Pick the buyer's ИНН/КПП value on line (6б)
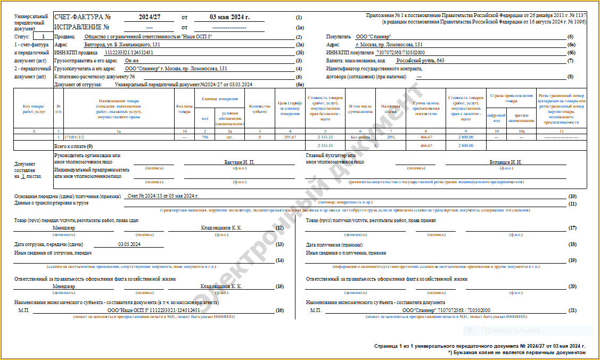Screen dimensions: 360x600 [400, 53]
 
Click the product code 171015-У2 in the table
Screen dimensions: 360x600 [75, 137]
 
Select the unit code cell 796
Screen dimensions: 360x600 [205, 137]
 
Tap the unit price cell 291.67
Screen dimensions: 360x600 [290, 137]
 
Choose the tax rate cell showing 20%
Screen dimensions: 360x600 [390, 137]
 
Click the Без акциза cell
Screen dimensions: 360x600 [360, 137]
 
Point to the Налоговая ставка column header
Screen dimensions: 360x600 [390, 109]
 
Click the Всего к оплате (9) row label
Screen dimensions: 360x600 [73, 145]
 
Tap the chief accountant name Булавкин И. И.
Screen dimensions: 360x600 [505, 161]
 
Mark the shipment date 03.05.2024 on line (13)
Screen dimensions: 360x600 [129, 244]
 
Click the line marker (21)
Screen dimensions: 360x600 [572, 310]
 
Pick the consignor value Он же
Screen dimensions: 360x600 [132, 61]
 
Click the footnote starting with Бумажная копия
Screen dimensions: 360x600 [519, 353]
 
